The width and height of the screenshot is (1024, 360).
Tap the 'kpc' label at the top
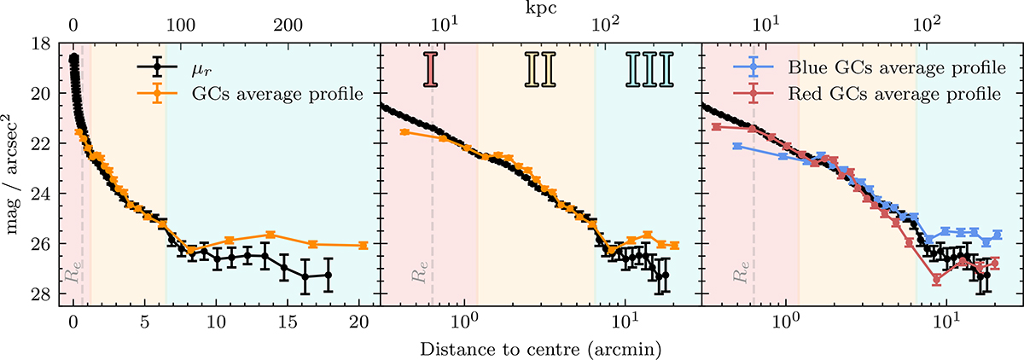543,7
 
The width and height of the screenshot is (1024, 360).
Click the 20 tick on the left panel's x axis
358,322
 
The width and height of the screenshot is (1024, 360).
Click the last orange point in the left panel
363,245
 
